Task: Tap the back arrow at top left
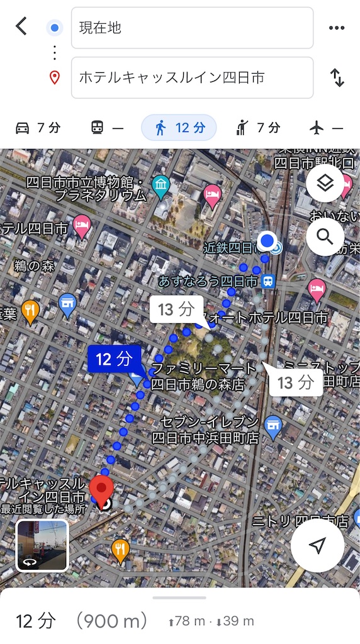click(x=21, y=26)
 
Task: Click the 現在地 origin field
click(x=192, y=28)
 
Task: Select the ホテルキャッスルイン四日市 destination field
click(x=192, y=77)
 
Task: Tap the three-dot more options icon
click(x=337, y=28)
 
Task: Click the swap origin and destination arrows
click(x=337, y=77)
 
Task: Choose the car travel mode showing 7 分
click(x=38, y=128)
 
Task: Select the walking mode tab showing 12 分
click(x=179, y=128)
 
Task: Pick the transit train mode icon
click(x=98, y=128)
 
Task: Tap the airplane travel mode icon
click(x=317, y=128)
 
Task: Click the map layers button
click(x=325, y=184)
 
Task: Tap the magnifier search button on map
click(x=325, y=236)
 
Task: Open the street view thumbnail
click(x=42, y=545)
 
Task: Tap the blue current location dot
click(x=267, y=240)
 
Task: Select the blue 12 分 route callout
click(x=115, y=359)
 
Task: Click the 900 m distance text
click(x=111, y=621)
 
